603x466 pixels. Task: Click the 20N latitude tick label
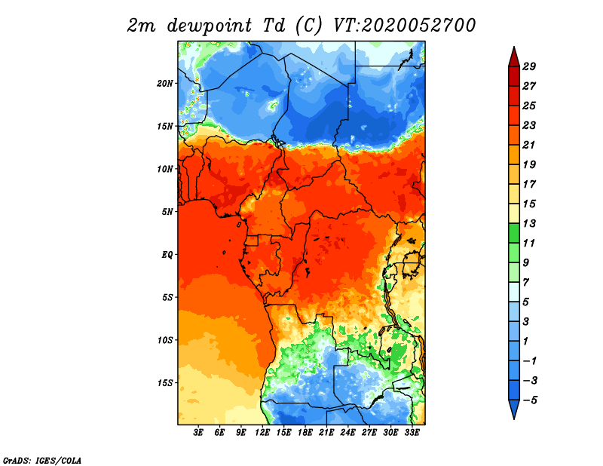pos(165,84)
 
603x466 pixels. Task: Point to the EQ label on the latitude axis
pos(167,255)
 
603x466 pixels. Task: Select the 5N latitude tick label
pos(167,212)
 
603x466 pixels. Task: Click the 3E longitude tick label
pos(198,433)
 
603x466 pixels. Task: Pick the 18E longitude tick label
pos(305,433)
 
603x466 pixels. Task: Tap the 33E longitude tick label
pos(412,433)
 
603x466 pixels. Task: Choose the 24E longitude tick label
pos(347,433)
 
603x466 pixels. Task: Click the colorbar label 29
pos(529,66)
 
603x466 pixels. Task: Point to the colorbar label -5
pos(530,400)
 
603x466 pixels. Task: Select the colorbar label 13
pos(529,223)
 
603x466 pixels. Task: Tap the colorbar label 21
pos(529,145)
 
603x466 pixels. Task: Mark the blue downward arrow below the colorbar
pos(514,409)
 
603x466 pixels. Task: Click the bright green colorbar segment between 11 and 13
pos(514,233)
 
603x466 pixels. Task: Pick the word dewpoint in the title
pos(210,26)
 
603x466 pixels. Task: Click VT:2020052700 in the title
pos(405,26)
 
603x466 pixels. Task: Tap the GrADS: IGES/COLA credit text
pos(42,460)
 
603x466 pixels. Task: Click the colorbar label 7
pos(525,283)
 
